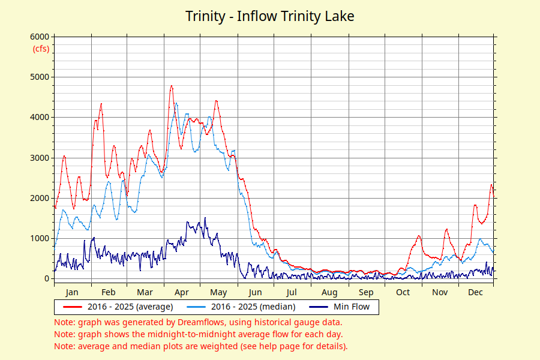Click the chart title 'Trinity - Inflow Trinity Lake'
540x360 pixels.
(x=269, y=16)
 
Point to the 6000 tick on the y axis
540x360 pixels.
(x=40, y=37)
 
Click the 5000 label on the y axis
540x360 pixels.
(x=40, y=77)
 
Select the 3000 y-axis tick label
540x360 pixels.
(x=40, y=158)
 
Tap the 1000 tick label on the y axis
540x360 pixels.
(x=40, y=238)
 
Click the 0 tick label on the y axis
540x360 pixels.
(x=46, y=278)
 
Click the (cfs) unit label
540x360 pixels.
(x=41, y=49)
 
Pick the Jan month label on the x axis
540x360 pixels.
(x=72, y=292)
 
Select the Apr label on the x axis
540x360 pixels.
(x=181, y=292)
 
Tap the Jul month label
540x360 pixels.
(x=292, y=292)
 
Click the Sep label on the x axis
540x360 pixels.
(x=366, y=292)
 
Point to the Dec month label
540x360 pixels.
(x=476, y=292)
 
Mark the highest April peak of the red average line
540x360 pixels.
(x=172, y=86)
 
